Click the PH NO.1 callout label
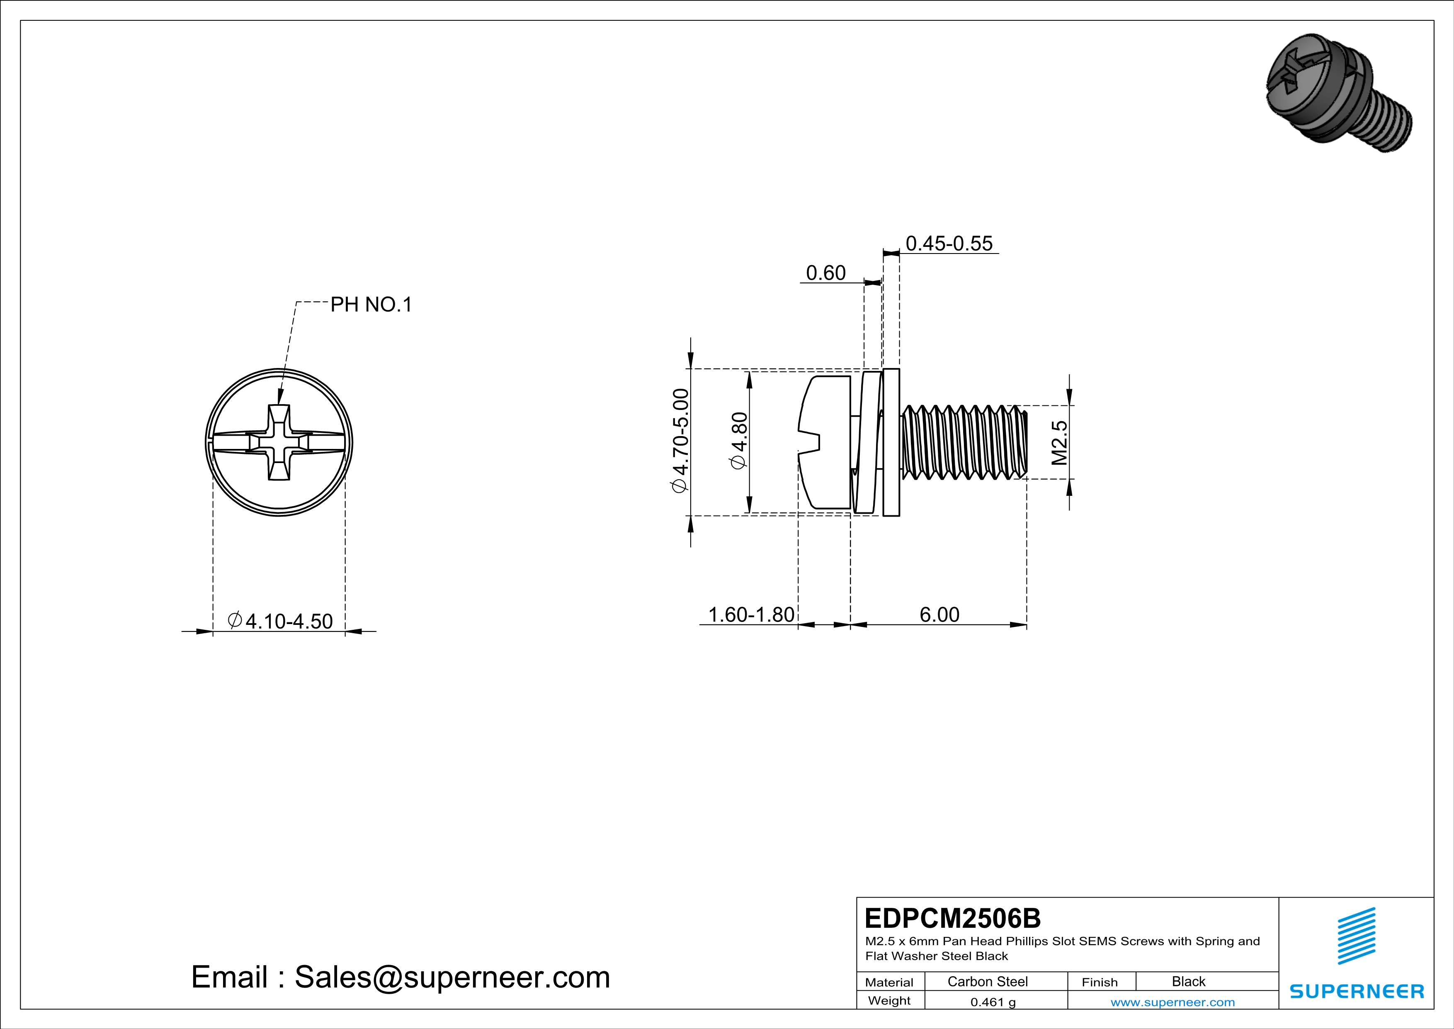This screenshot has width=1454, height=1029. coord(371,305)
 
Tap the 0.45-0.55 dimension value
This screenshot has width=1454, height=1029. coord(949,243)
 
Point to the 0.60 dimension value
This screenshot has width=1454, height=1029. coord(826,273)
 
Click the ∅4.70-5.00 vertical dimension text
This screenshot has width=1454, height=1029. coord(680,441)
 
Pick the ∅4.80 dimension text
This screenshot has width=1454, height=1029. coord(739,441)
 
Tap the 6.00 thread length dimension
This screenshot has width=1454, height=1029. coord(939,614)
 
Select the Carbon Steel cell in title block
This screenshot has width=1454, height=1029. coord(987,981)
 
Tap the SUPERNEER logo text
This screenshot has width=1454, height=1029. coord(1357,991)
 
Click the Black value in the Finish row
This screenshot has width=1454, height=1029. coord(1188,981)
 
